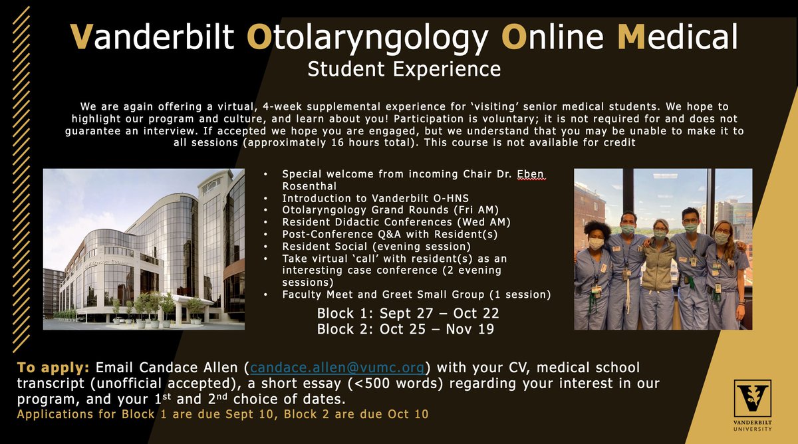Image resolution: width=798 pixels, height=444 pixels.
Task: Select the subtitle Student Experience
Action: [404, 68]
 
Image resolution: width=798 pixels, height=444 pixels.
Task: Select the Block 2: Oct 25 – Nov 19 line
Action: [405, 328]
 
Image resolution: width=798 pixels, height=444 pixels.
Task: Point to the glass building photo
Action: [144, 249]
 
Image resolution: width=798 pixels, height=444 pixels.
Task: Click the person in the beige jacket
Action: [658, 273]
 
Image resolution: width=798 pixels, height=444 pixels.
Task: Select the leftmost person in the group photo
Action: [594, 276]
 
